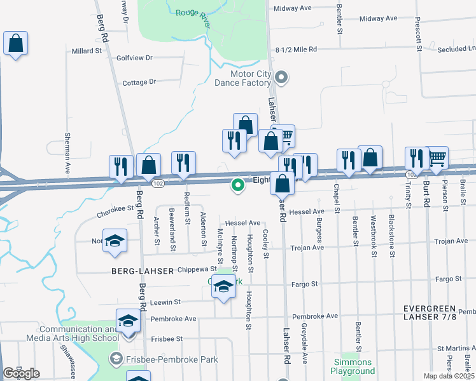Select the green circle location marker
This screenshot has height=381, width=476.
(238, 185)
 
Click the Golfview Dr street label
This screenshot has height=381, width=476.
(135, 58)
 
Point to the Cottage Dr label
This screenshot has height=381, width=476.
(139, 82)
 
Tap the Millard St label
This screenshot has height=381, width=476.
(87, 51)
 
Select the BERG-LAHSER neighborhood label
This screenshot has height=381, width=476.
(142, 271)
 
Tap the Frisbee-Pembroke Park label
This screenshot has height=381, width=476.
(173, 359)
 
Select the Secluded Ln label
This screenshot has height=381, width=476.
(454, 48)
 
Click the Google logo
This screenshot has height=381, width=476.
(21, 373)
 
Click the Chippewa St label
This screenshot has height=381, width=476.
(197, 270)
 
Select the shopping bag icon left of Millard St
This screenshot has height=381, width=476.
(15, 44)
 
